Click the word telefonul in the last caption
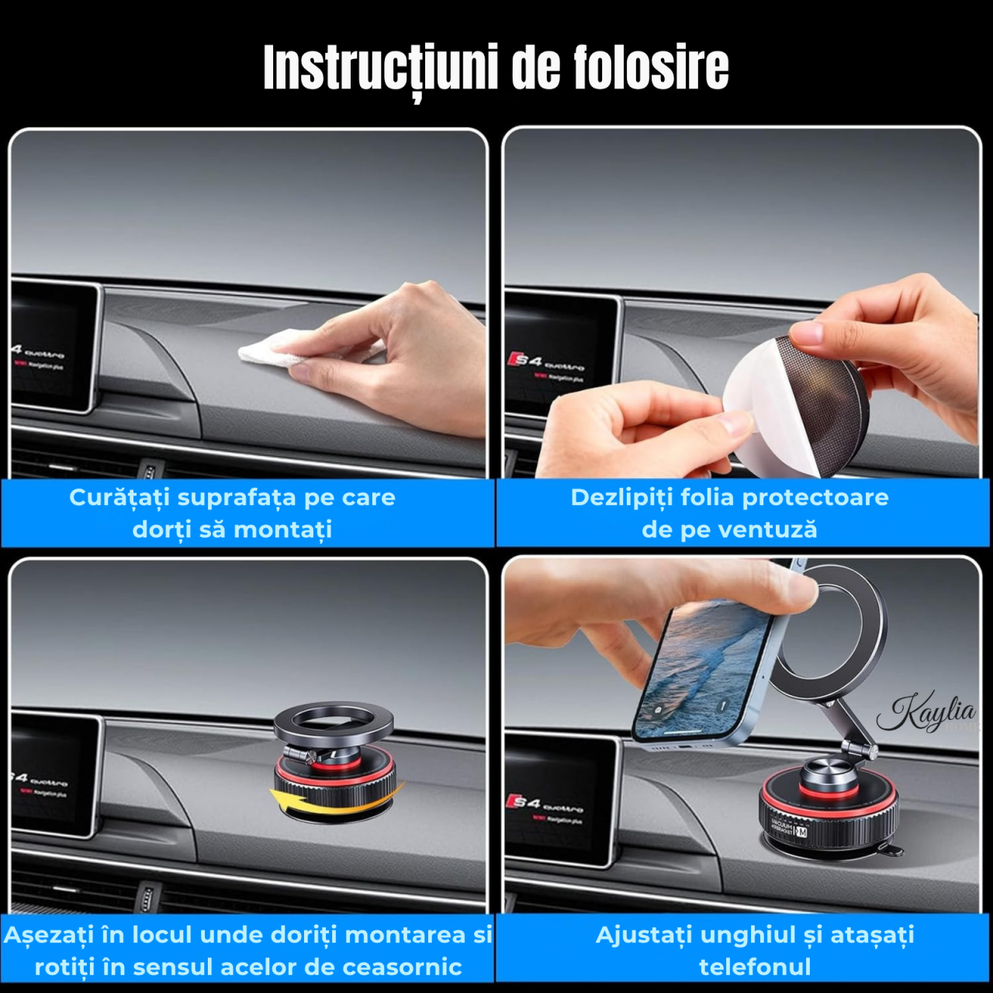tap(754, 967)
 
